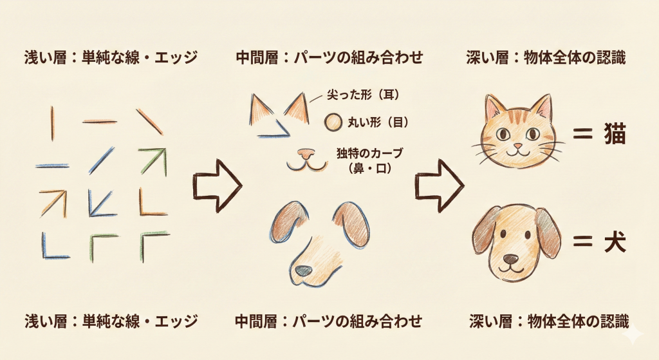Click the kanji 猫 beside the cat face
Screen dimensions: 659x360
(615, 134)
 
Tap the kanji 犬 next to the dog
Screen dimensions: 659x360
(615, 242)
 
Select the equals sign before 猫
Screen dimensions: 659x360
(583, 135)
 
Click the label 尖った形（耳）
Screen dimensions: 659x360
(363, 95)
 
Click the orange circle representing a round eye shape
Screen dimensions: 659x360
(333, 123)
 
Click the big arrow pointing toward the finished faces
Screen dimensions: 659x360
(439, 185)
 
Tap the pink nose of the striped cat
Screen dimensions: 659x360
(519, 146)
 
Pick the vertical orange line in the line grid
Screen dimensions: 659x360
(53, 123)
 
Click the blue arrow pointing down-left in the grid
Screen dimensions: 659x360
(100, 204)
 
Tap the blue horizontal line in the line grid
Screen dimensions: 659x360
(52, 166)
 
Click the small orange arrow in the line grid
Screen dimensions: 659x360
(53, 203)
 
